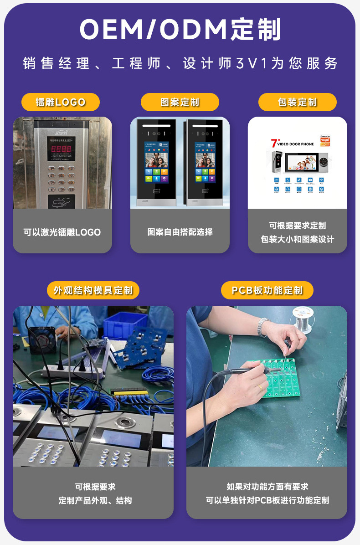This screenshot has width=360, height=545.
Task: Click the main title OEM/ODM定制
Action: click(x=180, y=30)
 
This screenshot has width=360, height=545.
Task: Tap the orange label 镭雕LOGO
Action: click(x=61, y=102)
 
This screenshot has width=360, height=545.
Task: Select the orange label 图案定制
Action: click(x=180, y=102)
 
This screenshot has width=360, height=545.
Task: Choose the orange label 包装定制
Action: click(x=297, y=102)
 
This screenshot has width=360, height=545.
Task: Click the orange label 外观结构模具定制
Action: click(x=93, y=290)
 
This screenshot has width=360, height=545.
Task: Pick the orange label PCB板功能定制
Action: click(x=267, y=290)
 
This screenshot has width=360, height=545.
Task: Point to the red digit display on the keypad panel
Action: click(x=61, y=149)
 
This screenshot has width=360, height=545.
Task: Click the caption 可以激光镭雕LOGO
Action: click(x=62, y=232)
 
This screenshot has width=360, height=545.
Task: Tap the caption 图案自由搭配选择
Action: click(x=180, y=232)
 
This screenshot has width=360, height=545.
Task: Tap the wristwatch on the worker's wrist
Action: click(x=262, y=327)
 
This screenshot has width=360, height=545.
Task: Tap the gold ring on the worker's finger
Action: click(x=260, y=388)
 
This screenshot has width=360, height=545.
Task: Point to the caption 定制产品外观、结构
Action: click(x=95, y=500)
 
